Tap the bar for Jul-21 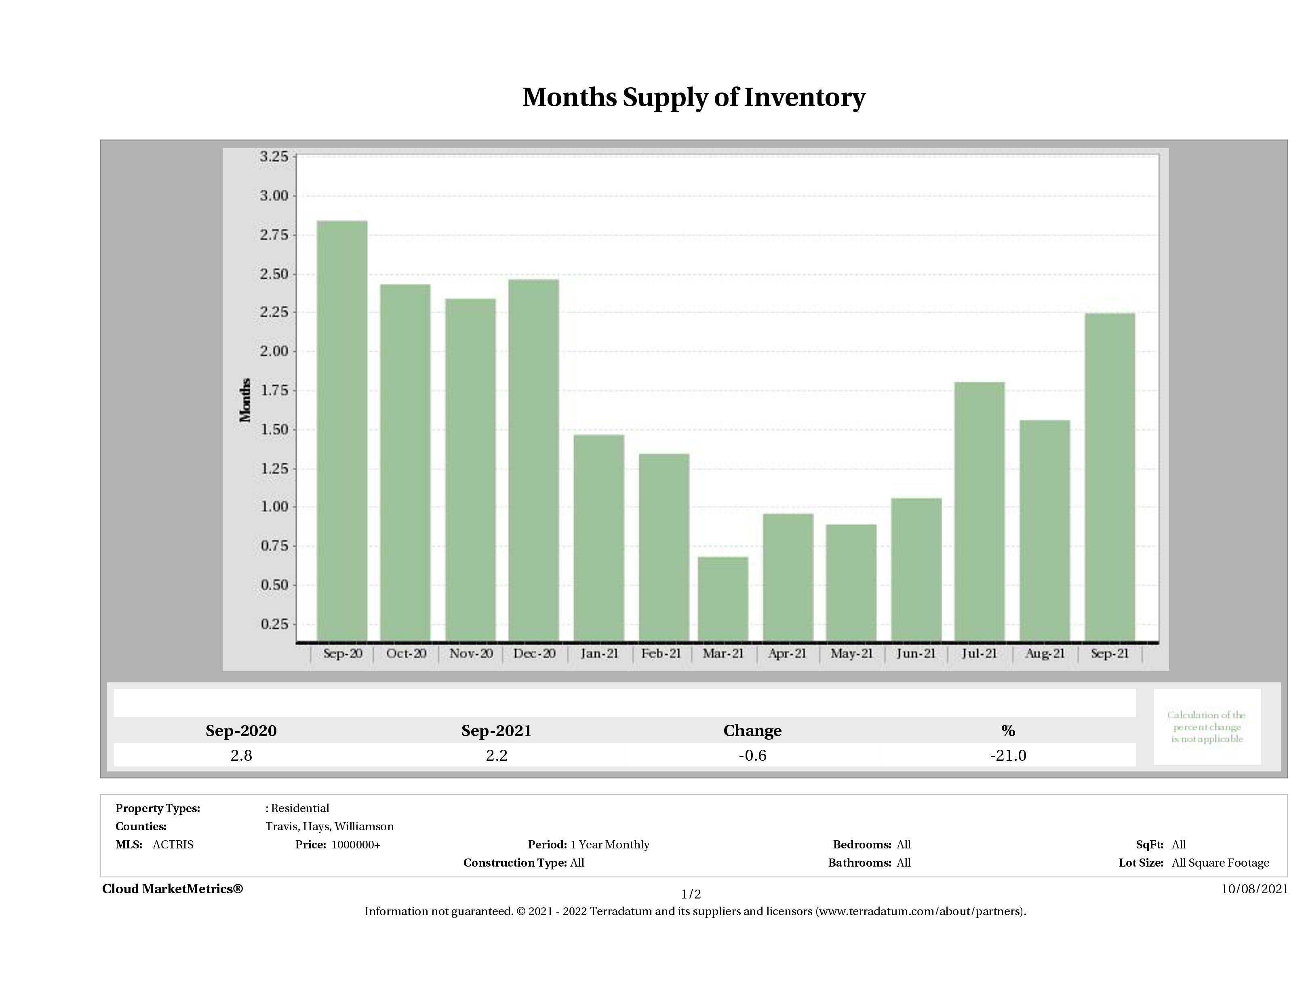pyautogui.click(x=980, y=511)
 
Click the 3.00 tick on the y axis pyautogui.click(x=274, y=196)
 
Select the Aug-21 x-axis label pyautogui.click(x=1045, y=654)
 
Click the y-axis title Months pyautogui.click(x=245, y=400)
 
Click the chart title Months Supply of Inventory pyautogui.click(x=694, y=97)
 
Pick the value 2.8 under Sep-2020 pyautogui.click(x=241, y=755)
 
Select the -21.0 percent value pyautogui.click(x=1008, y=755)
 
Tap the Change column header pyautogui.click(x=752, y=731)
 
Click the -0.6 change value pyautogui.click(x=752, y=755)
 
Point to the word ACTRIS pyautogui.click(x=173, y=845)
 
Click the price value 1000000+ pyautogui.click(x=356, y=845)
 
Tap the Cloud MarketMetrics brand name pyautogui.click(x=172, y=889)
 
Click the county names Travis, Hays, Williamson pyautogui.click(x=330, y=826)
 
